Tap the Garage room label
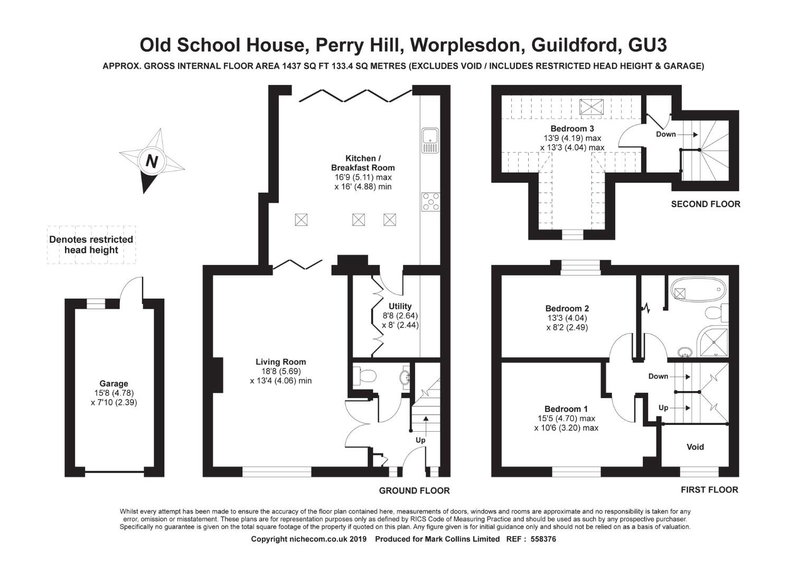pyautogui.click(x=114, y=384)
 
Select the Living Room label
pyautogui.click(x=280, y=362)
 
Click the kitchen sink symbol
pyautogui.click(x=430, y=136)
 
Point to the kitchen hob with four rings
pyautogui.click(x=430, y=202)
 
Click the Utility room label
pyautogui.click(x=400, y=306)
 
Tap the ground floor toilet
pyautogui.click(x=364, y=375)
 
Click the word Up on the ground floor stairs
pyautogui.click(x=420, y=440)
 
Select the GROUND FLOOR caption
pyautogui.click(x=414, y=491)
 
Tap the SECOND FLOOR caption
pyautogui.click(x=705, y=204)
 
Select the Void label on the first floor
pyautogui.click(x=695, y=447)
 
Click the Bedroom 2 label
pyautogui.click(x=567, y=309)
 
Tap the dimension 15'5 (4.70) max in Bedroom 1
pyautogui.click(x=566, y=419)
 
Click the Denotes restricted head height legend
pyautogui.click(x=91, y=245)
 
